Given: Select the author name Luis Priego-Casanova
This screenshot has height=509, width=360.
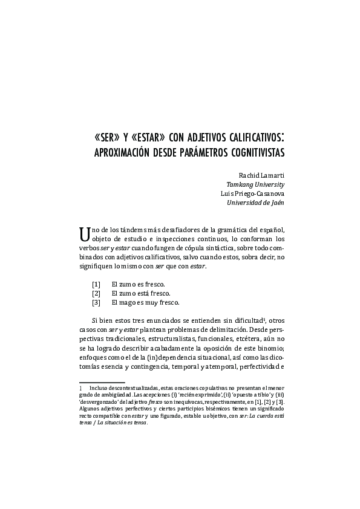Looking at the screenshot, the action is [x=253, y=193].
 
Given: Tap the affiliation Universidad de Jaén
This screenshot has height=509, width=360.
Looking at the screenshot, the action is [x=255, y=203].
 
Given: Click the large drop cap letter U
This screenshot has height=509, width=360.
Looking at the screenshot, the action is [x=83, y=233].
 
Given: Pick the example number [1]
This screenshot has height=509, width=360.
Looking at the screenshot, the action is [x=96, y=284].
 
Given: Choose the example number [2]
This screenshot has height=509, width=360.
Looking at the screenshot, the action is [x=96, y=293].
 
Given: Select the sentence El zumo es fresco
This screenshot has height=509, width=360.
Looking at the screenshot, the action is [x=138, y=284].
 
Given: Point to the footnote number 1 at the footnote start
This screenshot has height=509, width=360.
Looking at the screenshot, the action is [x=80, y=387].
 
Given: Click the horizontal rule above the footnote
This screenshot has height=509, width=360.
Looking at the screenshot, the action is [x=101, y=382].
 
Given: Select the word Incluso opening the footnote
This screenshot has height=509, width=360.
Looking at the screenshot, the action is [x=100, y=387].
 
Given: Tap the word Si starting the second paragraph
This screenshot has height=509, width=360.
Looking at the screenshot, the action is [x=95, y=319].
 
